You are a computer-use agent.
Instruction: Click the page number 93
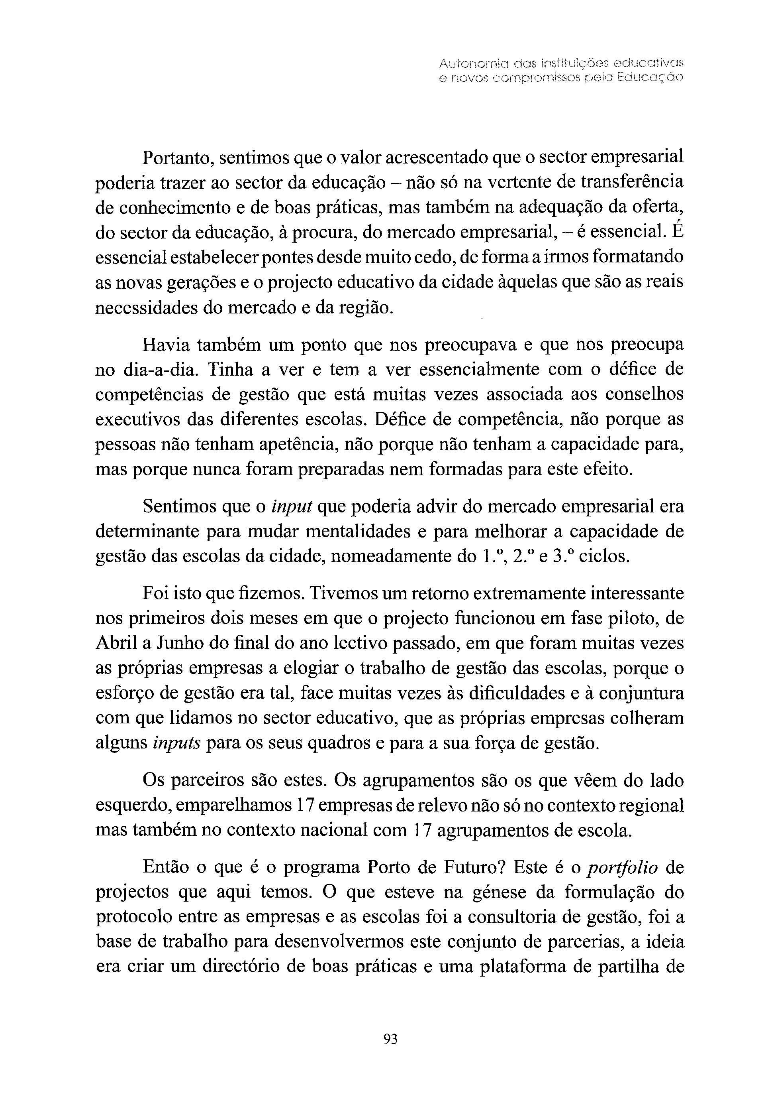[x=390, y=1039]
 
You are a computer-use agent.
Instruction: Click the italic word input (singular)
[x=292, y=507]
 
